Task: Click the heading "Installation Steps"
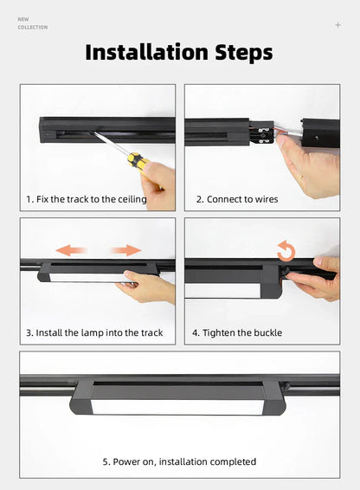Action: click(x=179, y=52)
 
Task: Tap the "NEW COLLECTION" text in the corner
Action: click(x=32, y=23)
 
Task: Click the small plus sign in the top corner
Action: click(x=337, y=25)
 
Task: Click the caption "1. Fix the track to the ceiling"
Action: click(x=86, y=199)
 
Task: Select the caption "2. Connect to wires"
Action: click(x=237, y=199)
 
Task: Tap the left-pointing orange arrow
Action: click(x=71, y=250)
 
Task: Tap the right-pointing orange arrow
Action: click(x=125, y=250)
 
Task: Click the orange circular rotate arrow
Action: click(x=286, y=252)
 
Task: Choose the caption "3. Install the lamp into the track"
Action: click(x=94, y=332)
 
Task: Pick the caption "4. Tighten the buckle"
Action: click(x=237, y=332)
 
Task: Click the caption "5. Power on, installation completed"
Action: click(x=179, y=462)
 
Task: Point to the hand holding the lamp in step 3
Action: click(x=146, y=287)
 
